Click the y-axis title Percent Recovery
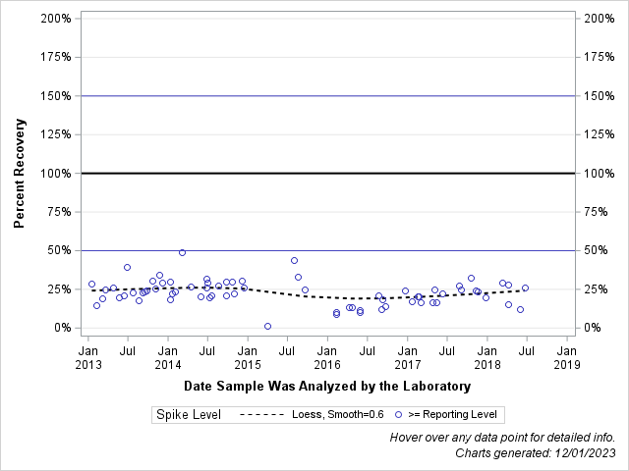pos(19,173)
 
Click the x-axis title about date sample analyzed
pos(327,387)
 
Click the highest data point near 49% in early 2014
pos(182,252)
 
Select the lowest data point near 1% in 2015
pos(267,326)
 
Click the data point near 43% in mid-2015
pos(294,260)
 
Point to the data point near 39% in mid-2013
pos(127,267)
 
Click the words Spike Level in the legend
pos(188,415)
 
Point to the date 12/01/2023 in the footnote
pos(584,452)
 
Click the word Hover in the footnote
pos(408,437)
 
